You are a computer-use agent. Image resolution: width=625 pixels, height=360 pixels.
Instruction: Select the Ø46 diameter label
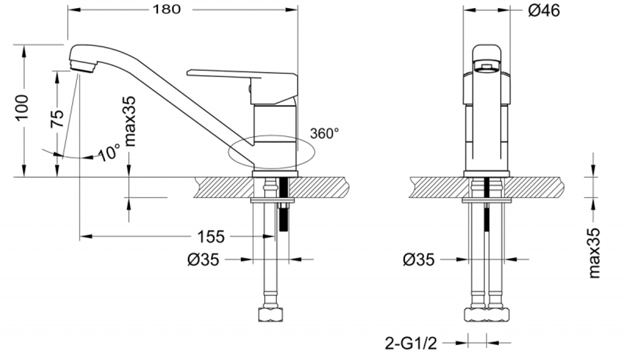coord(543,11)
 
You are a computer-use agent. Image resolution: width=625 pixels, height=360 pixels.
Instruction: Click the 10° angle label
coord(109,152)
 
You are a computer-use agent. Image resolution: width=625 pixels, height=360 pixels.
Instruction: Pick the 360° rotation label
coord(324,133)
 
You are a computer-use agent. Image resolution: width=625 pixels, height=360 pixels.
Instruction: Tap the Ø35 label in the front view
coord(418,259)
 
